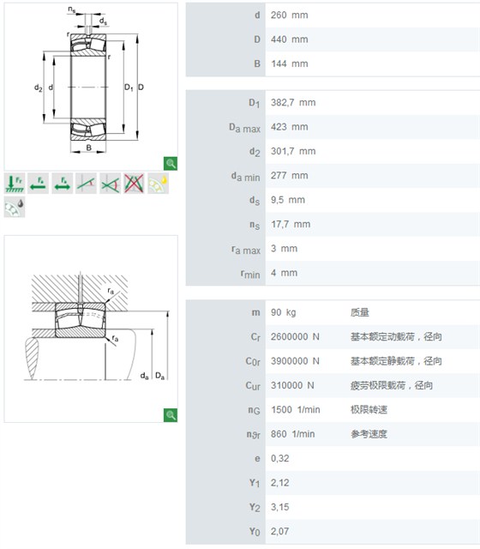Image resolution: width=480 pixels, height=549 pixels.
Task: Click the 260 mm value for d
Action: point(290,15)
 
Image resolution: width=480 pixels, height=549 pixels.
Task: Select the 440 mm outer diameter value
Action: point(290,39)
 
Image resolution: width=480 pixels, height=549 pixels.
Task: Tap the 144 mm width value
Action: point(290,63)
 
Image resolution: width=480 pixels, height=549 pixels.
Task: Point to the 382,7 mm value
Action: point(293,103)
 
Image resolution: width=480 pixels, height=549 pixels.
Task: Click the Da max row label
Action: point(244,128)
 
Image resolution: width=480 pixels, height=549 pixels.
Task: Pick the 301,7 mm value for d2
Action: point(293,151)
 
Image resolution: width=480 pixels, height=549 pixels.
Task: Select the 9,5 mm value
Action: point(288,200)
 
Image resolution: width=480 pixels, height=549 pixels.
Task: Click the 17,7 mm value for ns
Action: point(291,224)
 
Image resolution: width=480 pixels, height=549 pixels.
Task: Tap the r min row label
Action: point(250,274)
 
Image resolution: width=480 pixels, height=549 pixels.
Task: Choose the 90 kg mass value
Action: point(283,312)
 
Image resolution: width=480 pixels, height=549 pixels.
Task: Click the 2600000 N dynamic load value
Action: point(295,337)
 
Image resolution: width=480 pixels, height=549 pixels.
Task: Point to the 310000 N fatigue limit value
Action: point(292,385)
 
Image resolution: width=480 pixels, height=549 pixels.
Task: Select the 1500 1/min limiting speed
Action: point(295,410)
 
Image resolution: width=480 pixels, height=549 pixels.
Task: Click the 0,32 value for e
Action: point(280,458)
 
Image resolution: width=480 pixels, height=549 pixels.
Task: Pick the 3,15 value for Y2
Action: point(280,507)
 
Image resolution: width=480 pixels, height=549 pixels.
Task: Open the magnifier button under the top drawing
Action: point(171,164)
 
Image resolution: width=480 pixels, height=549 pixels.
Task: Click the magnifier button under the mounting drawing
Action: point(171,415)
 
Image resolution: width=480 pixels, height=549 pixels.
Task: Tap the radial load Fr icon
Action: point(15,183)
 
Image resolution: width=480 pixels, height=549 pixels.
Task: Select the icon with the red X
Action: point(134,183)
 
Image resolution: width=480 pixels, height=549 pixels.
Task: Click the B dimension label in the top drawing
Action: point(88,148)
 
